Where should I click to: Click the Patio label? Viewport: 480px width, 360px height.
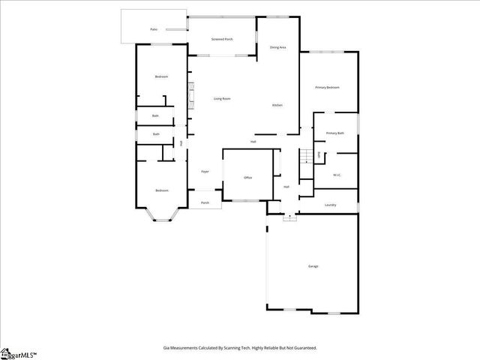click(x=154, y=29)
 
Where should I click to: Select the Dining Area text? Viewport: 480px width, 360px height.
click(x=277, y=47)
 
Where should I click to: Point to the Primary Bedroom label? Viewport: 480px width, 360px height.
click(x=327, y=88)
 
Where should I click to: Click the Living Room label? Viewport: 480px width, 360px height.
click(x=221, y=99)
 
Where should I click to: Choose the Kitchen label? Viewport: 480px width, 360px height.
click(x=277, y=105)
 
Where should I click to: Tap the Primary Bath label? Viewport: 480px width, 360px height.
click(x=334, y=133)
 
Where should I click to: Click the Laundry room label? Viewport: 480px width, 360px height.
click(x=330, y=205)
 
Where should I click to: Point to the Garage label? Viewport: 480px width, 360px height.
click(x=313, y=266)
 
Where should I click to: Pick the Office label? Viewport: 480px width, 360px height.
click(x=247, y=178)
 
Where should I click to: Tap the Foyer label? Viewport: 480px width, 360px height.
click(x=205, y=172)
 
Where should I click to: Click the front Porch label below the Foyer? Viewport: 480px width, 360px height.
click(x=205, y=202)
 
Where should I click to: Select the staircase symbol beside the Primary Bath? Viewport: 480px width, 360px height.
click(x=306, y=157)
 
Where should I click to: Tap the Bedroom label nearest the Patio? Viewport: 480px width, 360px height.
click(x=161, y=76)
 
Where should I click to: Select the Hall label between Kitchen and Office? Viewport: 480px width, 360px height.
click(x=253, y=142)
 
